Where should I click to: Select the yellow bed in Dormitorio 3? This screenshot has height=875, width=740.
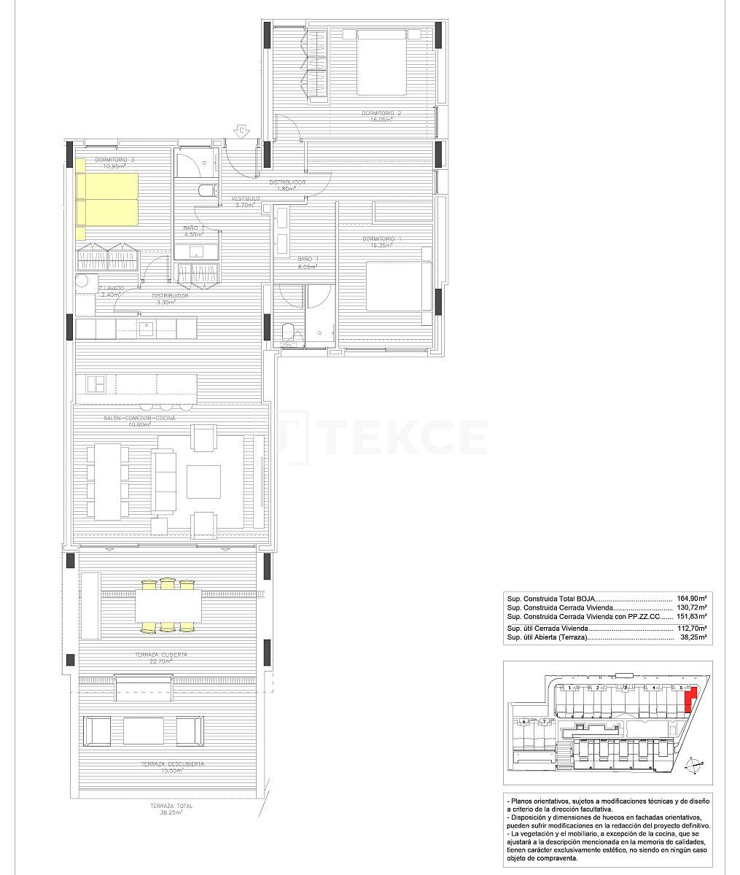[x=108, y=199]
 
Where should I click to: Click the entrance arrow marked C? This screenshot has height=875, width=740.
[x=242, y=131]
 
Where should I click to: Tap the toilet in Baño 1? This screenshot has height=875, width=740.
[x=288, y=335]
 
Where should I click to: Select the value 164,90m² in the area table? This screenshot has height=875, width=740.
[x=692, y=597]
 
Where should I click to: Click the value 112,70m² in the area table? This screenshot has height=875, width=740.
[x=692, y=628]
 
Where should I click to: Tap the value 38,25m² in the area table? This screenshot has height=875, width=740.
[x=693, y=637]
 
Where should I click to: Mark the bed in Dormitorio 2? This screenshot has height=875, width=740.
[x=381, y=61]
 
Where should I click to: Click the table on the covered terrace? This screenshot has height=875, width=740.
[x=167, y=604]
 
